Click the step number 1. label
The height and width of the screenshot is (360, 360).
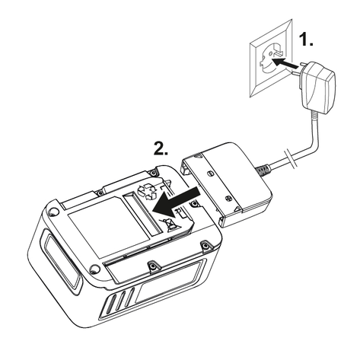(307, 40)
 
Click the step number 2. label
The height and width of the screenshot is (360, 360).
(161, 148)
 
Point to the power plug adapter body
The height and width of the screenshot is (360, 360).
(319, 87)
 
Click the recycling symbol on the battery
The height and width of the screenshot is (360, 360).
(147, 191)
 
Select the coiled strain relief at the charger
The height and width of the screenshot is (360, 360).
(263, 170)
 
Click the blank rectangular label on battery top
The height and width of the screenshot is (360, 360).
(108, 226)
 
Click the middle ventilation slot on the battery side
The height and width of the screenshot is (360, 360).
(120, 301)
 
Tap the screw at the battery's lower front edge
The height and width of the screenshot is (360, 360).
(151, 265)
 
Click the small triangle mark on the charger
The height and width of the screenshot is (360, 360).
(237, 209)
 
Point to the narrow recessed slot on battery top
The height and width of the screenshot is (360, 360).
(142, 214)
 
